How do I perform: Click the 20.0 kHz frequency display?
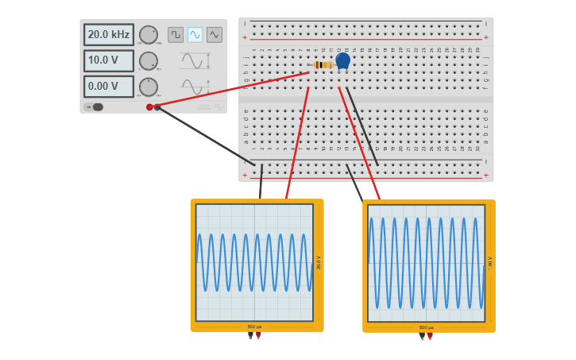pos(109,35)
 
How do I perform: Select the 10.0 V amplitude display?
pos(109,61)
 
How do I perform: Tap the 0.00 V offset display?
pos(109,87)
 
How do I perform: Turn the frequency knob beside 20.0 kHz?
pos(149,35)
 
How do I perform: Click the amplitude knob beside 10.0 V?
pos(149,61)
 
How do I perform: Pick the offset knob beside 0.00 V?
pos(149,87)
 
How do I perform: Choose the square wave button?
pos(176,35)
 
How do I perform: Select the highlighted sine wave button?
pos(195,35)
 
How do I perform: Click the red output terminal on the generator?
pos(149,107)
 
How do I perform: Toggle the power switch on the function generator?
pos(96,107)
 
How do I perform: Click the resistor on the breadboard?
pos(323,65)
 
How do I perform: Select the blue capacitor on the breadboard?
pos(342,60)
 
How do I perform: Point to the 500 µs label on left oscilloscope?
pos(254,327)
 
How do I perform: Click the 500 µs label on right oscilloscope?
pos(427,327)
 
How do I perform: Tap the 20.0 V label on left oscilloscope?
pos(319,262)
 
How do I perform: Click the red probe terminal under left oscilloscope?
pos(258,335)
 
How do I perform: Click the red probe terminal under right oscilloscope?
pos(430,336)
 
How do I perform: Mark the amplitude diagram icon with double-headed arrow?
pos(195,61)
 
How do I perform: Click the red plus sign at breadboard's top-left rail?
pos(245,37)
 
